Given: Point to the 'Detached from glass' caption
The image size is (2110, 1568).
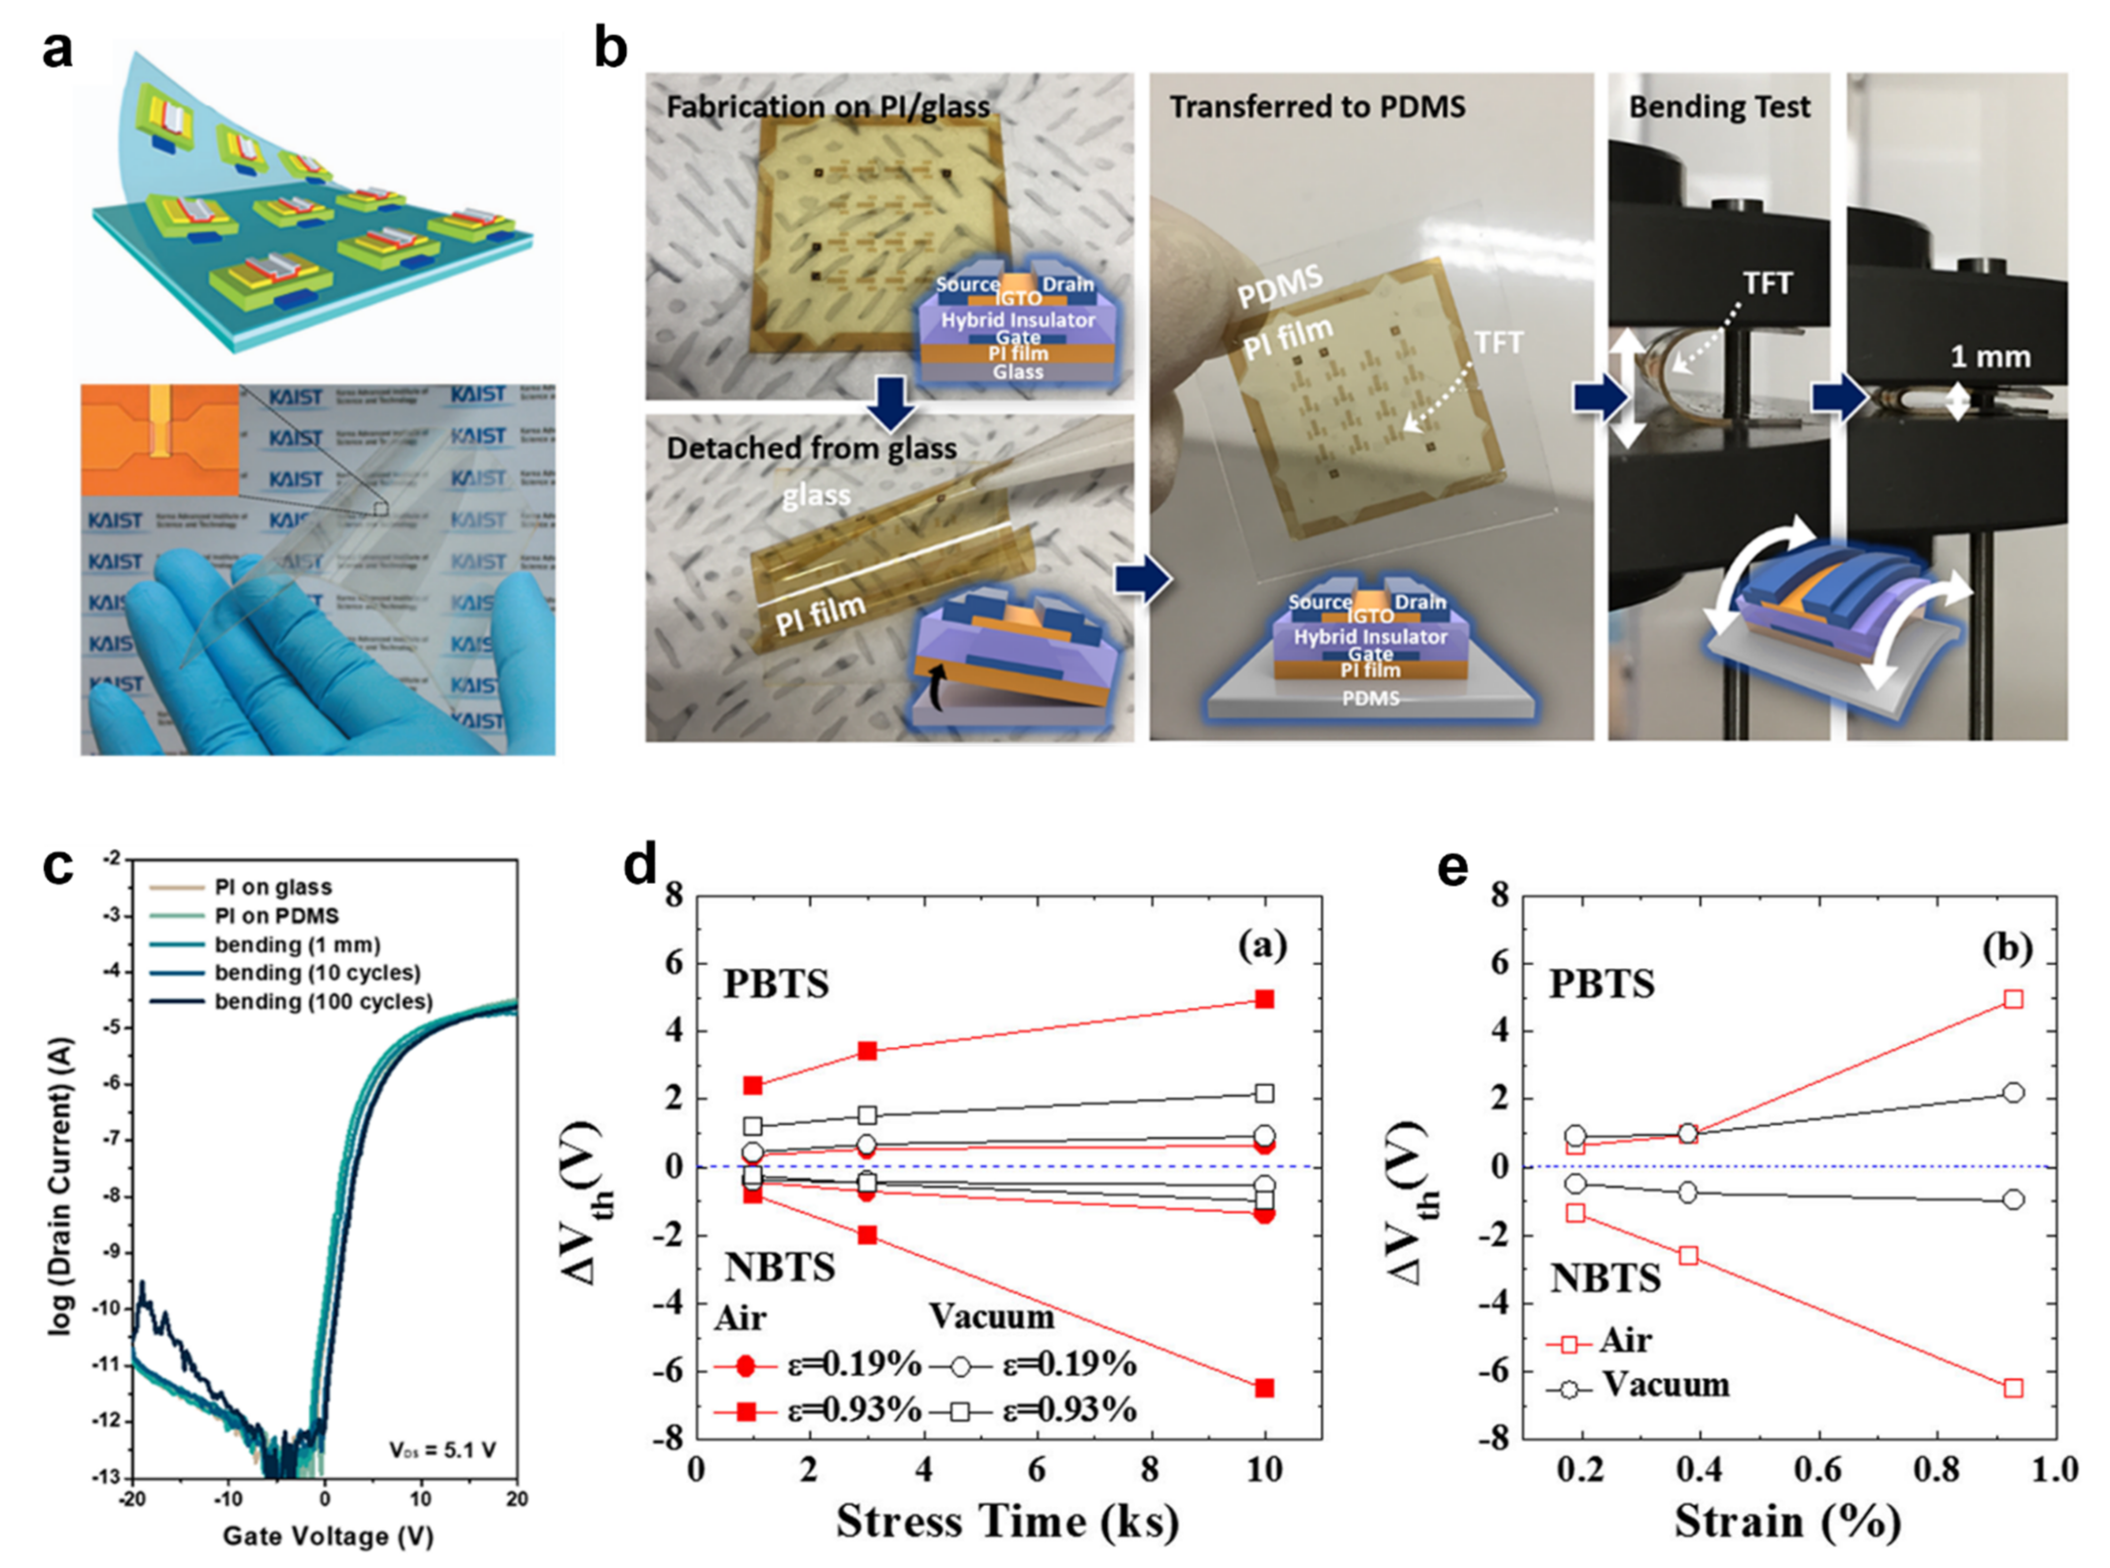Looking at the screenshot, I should [x=811, y=448].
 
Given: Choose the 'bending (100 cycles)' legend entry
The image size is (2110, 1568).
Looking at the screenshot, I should [x=323, y=1001].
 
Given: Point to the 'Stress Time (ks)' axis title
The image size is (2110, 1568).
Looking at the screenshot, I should [x=1008, y=1522].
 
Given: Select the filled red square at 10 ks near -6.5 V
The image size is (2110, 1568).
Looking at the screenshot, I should [x=1264, y=1387].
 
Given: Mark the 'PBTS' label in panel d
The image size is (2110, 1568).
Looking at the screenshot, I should [x=776, y=984].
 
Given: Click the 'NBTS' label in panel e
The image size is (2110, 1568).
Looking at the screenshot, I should [x=1605, y=1279].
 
